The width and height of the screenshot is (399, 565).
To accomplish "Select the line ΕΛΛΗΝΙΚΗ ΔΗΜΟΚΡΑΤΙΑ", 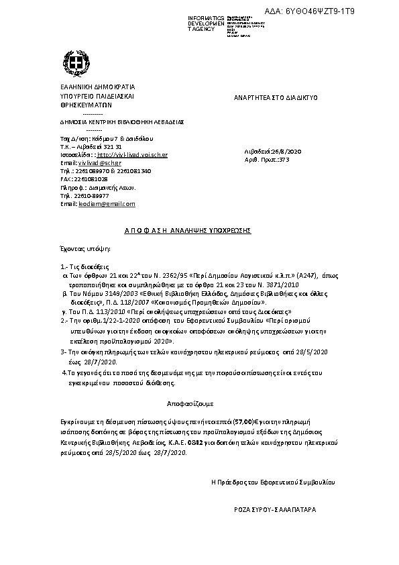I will [89, 87].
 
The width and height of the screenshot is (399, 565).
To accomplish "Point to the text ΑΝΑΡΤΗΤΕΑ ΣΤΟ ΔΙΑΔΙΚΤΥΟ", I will [276, 98].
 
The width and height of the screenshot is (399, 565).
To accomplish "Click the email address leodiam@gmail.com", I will [107, 203].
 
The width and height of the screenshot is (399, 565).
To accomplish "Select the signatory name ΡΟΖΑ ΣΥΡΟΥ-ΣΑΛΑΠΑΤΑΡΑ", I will [272, 510].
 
